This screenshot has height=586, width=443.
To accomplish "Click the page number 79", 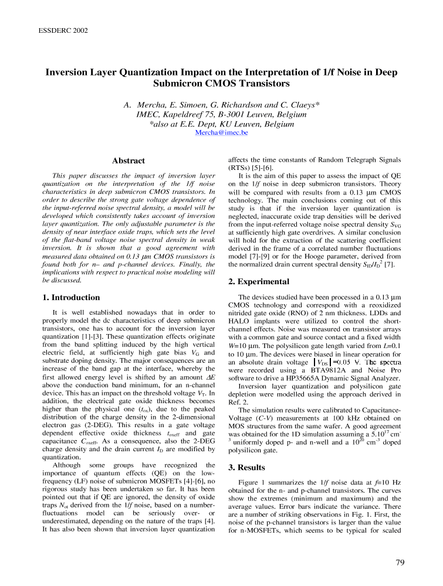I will pos(400,563).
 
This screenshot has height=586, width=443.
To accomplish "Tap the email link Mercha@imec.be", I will pos(221,133).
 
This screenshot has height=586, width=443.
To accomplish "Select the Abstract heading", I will pos(128,161).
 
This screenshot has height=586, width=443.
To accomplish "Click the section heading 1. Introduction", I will pos(72,298).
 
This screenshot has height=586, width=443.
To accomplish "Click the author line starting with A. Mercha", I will pos(221,105).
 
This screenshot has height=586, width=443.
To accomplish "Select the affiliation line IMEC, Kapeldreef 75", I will pos(221,114).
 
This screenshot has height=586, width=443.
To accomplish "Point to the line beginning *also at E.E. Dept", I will pos(221,124).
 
